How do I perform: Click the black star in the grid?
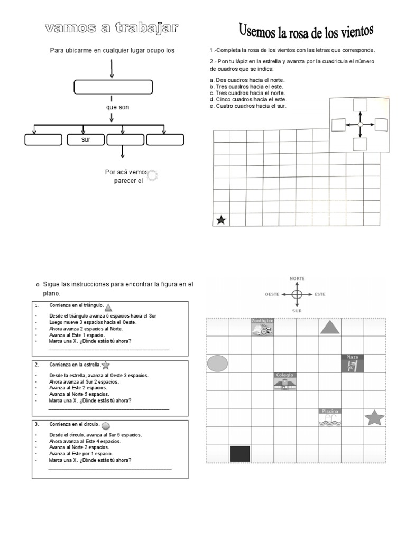pyautogui.click(x=221, y=220)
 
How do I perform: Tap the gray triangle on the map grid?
pyautogui.click(x=330, y=328)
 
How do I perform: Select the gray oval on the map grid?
pyautogui.click(x=217, y=363)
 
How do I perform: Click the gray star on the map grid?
pyautogui.click(x=374, y=418)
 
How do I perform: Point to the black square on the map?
pyautogui.click(x=240, y=454)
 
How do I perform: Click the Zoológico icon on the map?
pyautogui.click(x=262, y=327)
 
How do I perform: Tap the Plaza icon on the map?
pyautogui.click(x=353, y=363)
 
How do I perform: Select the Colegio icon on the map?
pyautogui.click(x=285, y=381)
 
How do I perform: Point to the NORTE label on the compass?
pyautogui.click(x=297, y=278)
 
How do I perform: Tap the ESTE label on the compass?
pyautogui.click(x=320, y=294)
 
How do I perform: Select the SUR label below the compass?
pyautogui.click(x=297, y=311)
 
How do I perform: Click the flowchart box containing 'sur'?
pyautogui.click(x=86, y=140)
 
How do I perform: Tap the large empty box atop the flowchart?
pyautogui.click(x=113, y=87)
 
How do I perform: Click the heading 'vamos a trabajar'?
pyautogui.click(x=112, y=29)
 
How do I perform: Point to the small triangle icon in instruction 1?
pyautogui.click(x=108, y=307)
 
